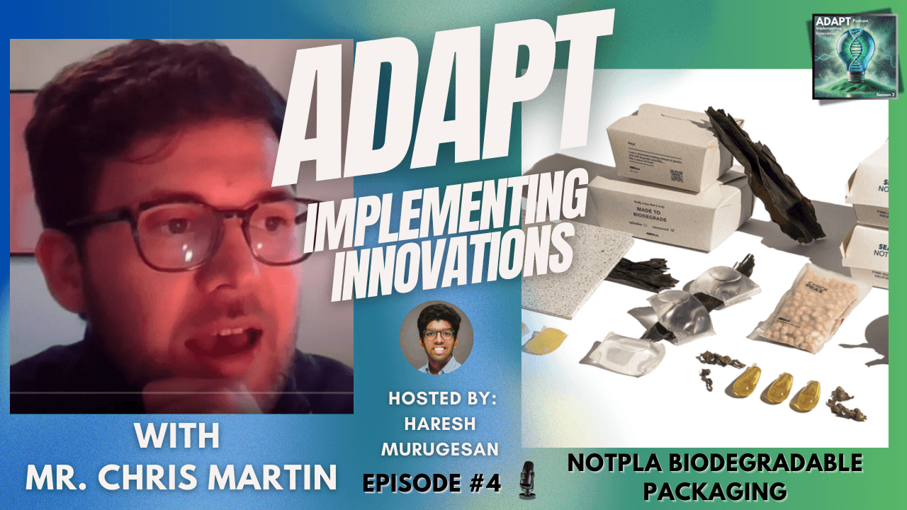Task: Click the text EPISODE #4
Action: pos(432,482)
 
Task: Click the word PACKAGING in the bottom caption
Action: pos(716,489)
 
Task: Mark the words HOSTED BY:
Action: pos(442,398)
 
